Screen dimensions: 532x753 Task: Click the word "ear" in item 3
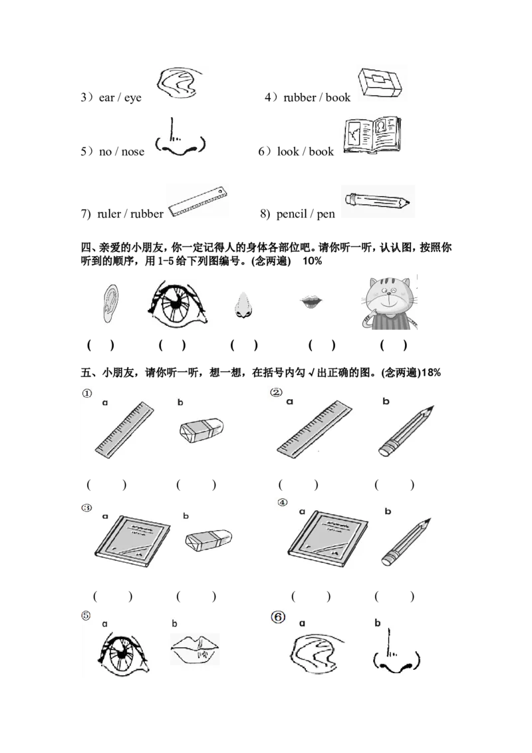coord(106,98)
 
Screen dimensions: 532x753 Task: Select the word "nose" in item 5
coord(132,152)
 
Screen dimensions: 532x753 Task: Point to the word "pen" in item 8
coord(326,214)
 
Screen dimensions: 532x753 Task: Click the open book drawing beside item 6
coord(372,135)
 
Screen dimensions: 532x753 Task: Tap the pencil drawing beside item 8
coord(378,201)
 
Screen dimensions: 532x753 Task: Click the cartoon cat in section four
coord(390,303)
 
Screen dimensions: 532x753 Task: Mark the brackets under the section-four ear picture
coord(101,345)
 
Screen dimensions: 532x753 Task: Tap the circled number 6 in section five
coord(278,617)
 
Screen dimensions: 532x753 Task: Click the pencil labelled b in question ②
coord(406,431)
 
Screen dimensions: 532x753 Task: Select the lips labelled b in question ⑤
coord(194,649)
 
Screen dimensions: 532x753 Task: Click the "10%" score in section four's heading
coord(312,261)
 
